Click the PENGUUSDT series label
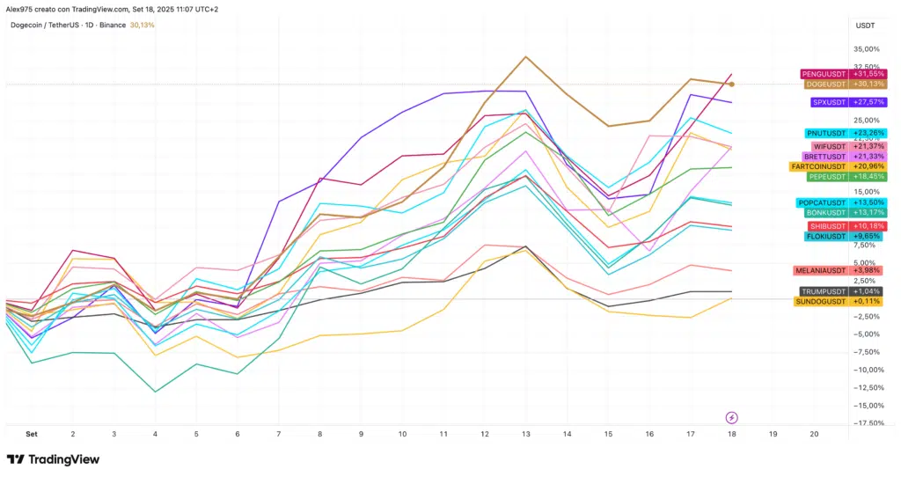tap(824, 74)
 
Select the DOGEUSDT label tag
tap(825, 84)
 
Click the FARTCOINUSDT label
tap(818, 166)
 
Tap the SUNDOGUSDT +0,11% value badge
tap(868, 301)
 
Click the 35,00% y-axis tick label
tap(868, 49)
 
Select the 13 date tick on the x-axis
tap(526, 434)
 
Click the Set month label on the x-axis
tap(32, 434)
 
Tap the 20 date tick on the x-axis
tap(814, 434)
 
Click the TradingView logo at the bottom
tap(53, 459)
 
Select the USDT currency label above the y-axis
tap(865, 26)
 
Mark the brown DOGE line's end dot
tap(732, 84)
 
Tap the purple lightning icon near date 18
tap(731, 417)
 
